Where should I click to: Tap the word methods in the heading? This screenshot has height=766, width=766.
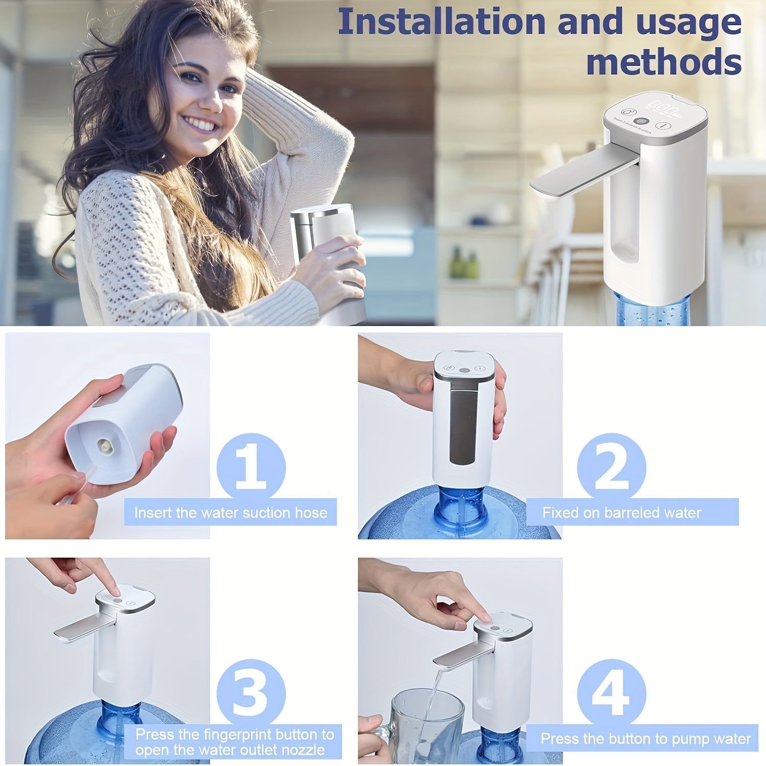(x=664, y=62)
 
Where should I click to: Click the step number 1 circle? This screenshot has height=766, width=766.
(x=251, y=467)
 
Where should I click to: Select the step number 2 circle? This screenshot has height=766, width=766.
(x=611, y=467)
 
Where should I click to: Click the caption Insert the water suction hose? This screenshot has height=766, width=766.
(x=230, y=512)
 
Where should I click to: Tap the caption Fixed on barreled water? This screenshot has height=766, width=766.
(x=621, y=512)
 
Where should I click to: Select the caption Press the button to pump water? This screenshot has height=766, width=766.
(x=645, y=738)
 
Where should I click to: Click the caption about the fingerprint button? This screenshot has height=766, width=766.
(x=234, y=742)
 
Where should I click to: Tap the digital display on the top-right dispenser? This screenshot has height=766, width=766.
(x=664, y=106)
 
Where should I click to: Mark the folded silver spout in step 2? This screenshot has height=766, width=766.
(x=463, y=419)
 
